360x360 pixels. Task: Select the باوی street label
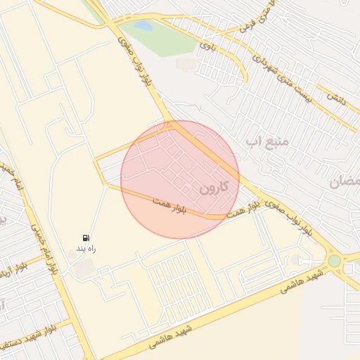point(206,46)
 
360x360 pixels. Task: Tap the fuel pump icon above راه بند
point(86,238)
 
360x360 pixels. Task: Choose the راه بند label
point(86,249)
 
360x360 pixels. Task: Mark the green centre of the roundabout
point(334,261)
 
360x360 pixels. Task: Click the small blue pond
point(143,26)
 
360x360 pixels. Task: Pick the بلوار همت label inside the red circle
point(169,205)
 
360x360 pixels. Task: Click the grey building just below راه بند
point(84,267)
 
